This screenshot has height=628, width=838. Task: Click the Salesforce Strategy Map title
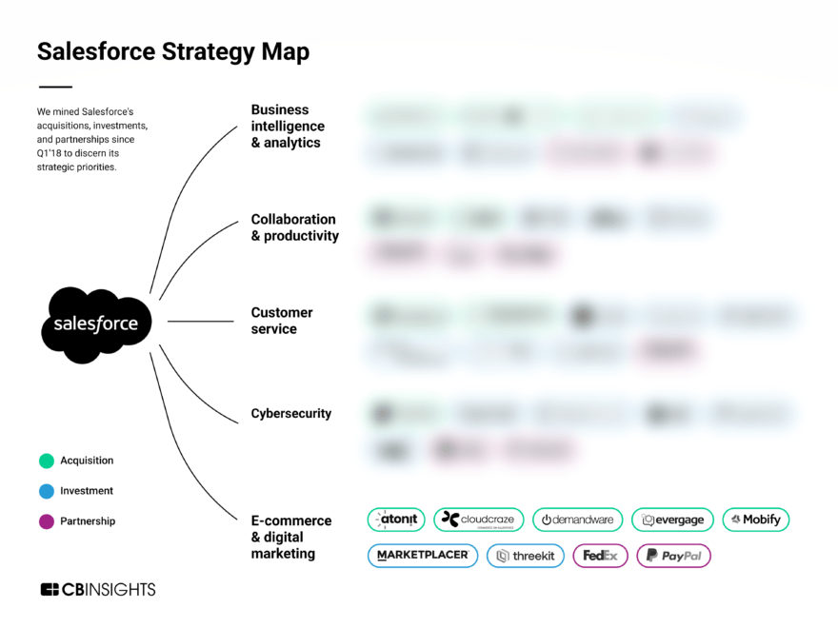172,51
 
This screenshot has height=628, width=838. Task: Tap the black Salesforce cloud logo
95,324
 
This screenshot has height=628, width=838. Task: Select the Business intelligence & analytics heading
288,127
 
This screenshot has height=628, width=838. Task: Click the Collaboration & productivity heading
294,227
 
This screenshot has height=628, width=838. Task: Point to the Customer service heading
282,321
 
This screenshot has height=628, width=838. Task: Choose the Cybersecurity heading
291,414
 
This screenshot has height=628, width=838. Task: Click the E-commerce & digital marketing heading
291,537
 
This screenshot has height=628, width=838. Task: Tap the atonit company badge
396,520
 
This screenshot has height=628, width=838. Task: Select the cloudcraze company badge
478,520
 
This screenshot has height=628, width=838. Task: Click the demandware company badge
577,520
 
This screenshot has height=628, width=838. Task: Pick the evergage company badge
672,520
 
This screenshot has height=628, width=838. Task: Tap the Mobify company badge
756,520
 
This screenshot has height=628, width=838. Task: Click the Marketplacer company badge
423,556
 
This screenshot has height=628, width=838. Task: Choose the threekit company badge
526,556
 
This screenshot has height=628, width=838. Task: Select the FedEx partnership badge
600,556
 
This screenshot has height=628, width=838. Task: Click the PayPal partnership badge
673,556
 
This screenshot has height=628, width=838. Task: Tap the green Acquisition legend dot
46,461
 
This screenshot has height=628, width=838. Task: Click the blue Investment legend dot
46,491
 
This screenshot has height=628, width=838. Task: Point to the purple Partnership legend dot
46,521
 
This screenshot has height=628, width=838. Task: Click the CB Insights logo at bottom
97,590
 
